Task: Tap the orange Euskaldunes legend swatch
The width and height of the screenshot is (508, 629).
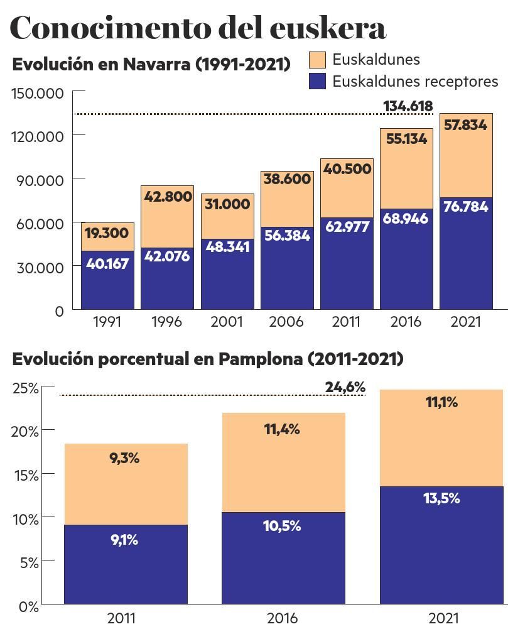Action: [318, 60]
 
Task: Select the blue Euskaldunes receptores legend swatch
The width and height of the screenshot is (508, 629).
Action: [318, 81]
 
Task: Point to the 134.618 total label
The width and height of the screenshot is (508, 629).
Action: [408, 106]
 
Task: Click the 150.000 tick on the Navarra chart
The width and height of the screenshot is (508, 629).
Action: [38, 94]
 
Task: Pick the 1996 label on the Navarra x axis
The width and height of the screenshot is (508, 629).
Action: [166, 322]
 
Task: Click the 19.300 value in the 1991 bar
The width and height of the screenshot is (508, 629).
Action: [107, 233]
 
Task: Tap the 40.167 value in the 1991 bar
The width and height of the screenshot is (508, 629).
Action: [107, 263]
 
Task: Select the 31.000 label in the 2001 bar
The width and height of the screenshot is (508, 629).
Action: [227, 204]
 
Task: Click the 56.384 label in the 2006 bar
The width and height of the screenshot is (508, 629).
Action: [287, 234]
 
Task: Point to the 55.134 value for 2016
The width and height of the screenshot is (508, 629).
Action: [406, 139]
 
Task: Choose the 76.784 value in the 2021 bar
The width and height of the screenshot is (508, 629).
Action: [465, 207]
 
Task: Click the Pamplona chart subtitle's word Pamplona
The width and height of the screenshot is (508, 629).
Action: [261, 359]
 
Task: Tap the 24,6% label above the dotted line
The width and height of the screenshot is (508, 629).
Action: [345, 387]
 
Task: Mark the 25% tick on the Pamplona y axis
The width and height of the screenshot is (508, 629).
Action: [26, 388]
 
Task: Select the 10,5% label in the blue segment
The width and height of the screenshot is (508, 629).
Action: [282, 526]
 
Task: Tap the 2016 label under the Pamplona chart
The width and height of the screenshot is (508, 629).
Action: [282, 618]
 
